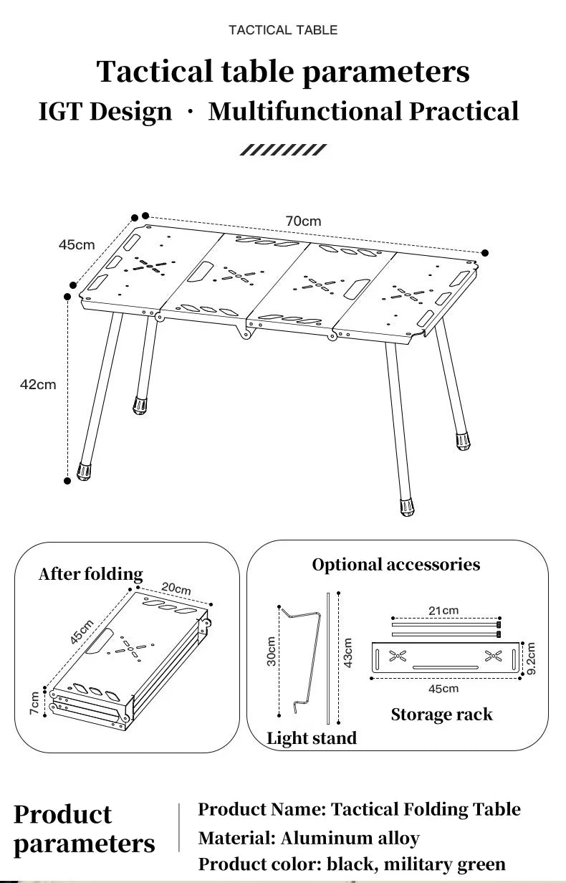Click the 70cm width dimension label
pos(303,221)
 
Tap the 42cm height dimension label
pos(38,385)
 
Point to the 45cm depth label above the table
pos(77,245)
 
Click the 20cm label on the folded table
pos(176,588)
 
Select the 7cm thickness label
pos(34,702)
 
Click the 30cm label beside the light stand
pos(272,651)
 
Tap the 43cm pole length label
pos(348,652)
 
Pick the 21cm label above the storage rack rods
pos(443,611)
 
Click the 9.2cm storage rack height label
pos(531,658)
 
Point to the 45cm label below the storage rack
pos(443,689)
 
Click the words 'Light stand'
pos(312,738)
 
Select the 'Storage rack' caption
pos(441,715)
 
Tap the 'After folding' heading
pos(91,574)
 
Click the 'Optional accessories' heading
pos(395,565)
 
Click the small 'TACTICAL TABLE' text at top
pos(283,30)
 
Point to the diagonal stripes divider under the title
pos(283,150)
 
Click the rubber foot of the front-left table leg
pos(85,472)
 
